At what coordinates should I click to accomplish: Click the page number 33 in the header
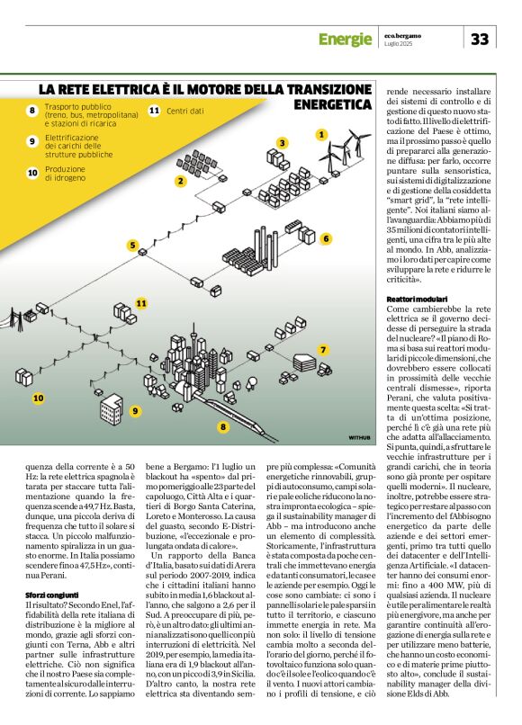point(480,39)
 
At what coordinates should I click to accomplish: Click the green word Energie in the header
point(345,39)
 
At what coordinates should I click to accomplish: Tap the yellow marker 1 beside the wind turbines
point(320,134)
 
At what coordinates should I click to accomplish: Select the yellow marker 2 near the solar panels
point(180,181)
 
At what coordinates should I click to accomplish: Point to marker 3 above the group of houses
point(282,142)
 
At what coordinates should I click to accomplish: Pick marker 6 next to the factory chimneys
point(326,238)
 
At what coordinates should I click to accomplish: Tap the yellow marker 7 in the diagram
point(323,348)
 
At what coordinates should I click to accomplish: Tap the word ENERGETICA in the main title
point(333,104)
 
